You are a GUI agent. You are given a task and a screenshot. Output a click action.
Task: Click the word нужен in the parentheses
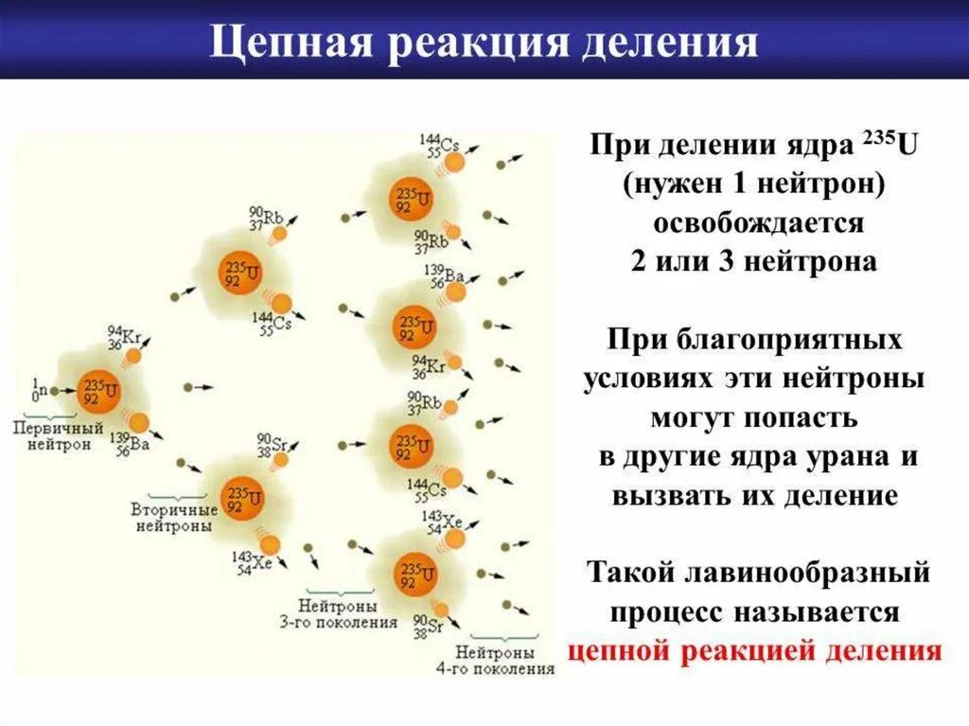676,186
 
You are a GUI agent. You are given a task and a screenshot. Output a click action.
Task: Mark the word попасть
807,416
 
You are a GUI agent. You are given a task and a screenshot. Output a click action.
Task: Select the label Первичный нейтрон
46,435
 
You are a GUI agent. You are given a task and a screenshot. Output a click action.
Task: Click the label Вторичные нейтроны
173,517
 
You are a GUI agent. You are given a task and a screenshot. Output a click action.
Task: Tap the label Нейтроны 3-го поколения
337,613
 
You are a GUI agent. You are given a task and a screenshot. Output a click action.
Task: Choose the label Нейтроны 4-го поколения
504,660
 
